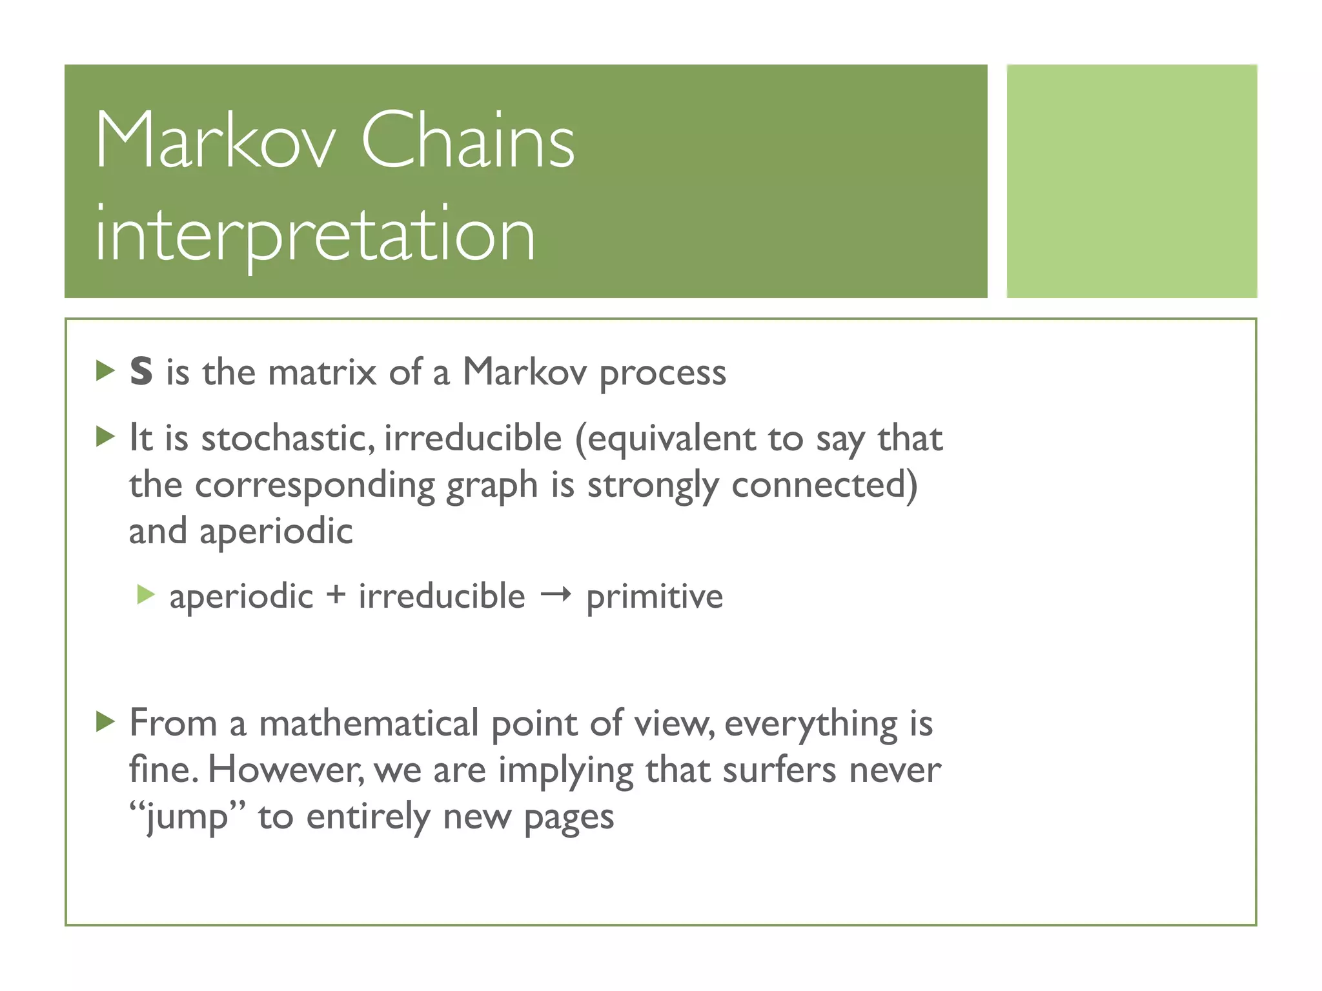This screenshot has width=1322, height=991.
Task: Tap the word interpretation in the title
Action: pyautogui.click(x=315, y=234)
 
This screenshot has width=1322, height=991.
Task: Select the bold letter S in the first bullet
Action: pyautogui.click(x=141, y=372)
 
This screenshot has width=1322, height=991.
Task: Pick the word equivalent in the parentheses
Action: pyautogui.click(x=671, y=439)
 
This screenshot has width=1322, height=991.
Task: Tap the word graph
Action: pyautogui.click(x=492, y=486)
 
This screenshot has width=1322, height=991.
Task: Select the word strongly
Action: pyautogui.click(x=653, y=486)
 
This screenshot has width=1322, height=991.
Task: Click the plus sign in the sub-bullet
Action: pyautogui.click(x=336, y=595)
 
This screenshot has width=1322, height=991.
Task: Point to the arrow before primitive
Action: pyautogui.click(x=556, y=595)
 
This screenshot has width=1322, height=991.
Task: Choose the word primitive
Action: pyautogui.click(x=655, y=597)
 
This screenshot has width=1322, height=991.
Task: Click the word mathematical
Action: pyautogui.click(x=369, y=723)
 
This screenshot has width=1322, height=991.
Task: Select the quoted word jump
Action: pyautogui.click(x=188, y=817)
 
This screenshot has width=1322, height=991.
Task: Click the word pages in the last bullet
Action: pyautogui.click(x=569, y=819)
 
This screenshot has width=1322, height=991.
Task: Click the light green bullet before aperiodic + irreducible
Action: pyautogui.click(x=147, y=595)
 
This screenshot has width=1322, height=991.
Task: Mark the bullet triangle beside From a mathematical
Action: pyautogui.click(x=105, y=721)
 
